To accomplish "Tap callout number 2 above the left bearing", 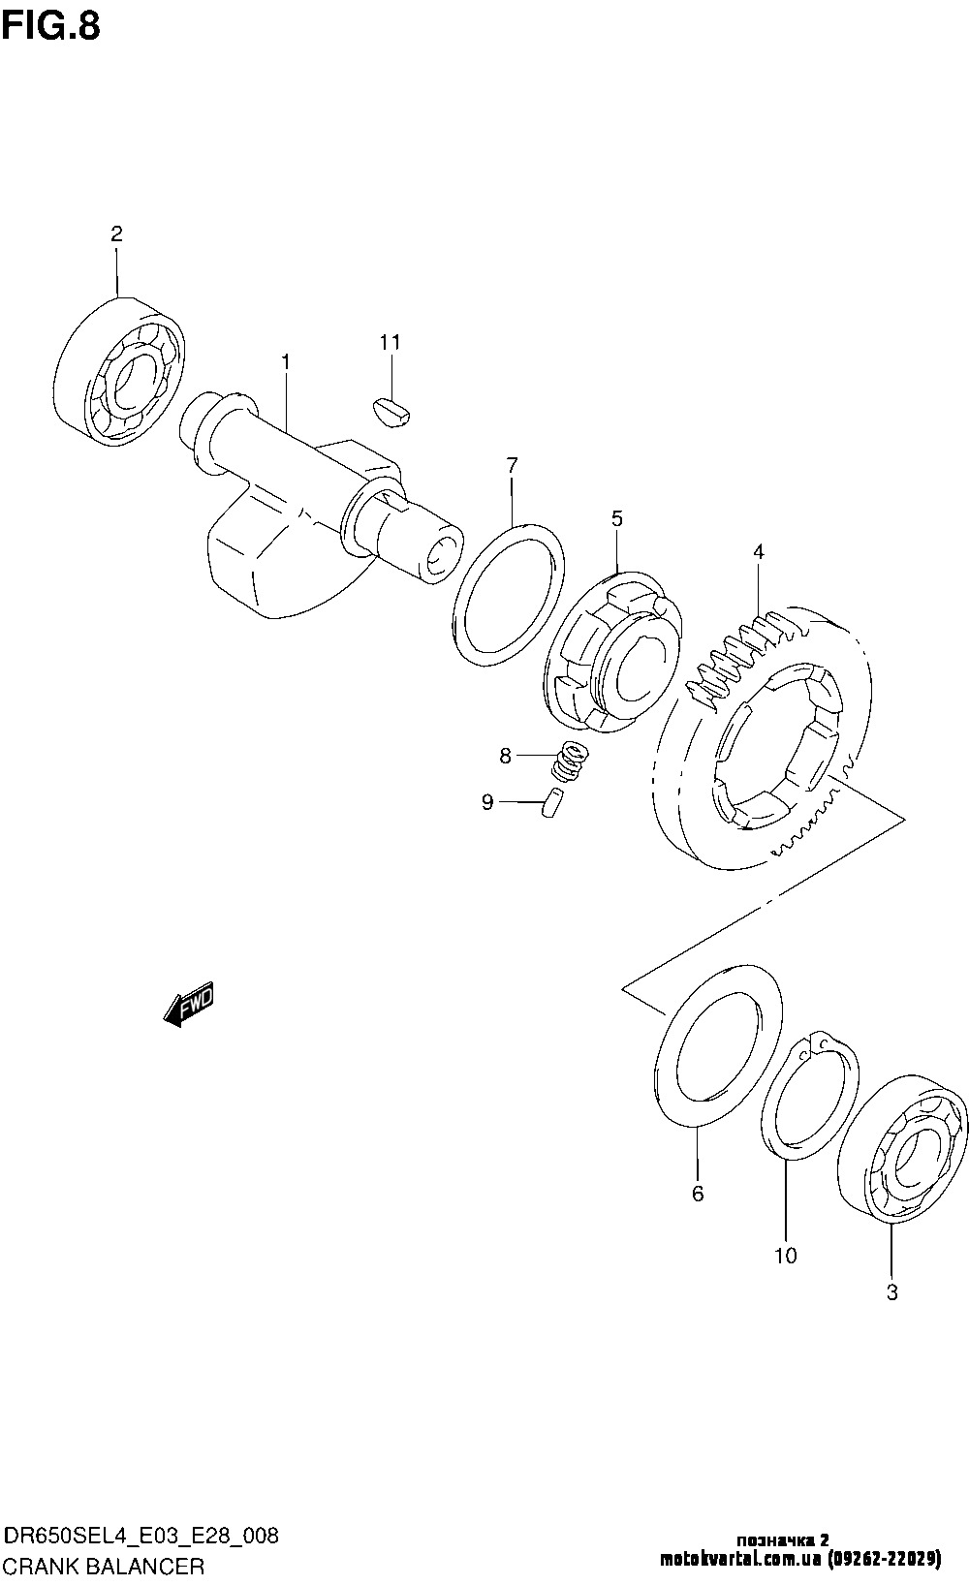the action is pos(117,233).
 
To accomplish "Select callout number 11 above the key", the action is pos(390,342).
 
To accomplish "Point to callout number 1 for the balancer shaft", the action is pos(285,362).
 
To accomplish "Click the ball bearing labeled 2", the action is pos(119,371).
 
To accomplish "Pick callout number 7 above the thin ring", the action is pos(512,466).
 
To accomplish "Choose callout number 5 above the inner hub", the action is pos(617,518).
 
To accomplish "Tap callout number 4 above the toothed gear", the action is pos(759,551).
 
